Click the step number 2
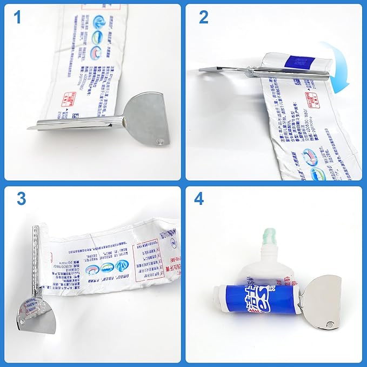click(x=203, y=17)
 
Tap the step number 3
click(x=21, y=198)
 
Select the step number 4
click(x=199, y=198)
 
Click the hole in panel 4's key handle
click(x=330, y=324)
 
